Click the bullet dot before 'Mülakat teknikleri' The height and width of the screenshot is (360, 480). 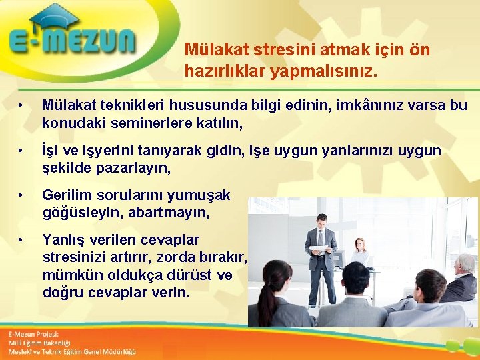point(21,106)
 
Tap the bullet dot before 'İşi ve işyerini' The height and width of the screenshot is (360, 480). point(21,151)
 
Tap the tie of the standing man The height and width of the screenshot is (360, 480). point(321,239)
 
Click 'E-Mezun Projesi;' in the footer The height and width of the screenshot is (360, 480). point(33,334)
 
